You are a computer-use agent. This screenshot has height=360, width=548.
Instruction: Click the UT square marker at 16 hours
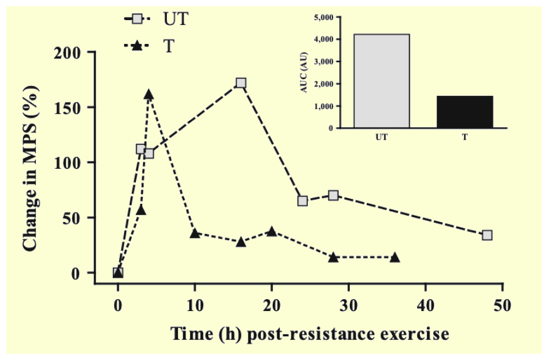tap(241, 83)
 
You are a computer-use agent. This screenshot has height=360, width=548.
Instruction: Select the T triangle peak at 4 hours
tap(149, 95)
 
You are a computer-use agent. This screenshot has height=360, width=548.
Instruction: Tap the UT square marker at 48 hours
tap(487, 235)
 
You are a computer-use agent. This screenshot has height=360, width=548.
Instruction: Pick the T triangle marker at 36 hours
tap(395, 257)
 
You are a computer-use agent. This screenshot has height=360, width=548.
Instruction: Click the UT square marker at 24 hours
tap(303, 201)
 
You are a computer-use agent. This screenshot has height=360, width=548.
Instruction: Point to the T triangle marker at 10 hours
tap(195, 233)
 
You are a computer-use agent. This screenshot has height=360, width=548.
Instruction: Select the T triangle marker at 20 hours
tap(271, 231)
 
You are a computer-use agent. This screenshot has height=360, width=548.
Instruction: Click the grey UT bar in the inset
tap(381, 81)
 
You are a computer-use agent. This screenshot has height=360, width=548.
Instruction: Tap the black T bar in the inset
tap(465, 112)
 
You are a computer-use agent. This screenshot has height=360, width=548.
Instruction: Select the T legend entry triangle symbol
tap(137, 46)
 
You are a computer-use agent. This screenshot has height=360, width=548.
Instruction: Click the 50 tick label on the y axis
tap(75, 218)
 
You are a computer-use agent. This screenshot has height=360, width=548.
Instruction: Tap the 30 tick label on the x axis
tap(349, 306)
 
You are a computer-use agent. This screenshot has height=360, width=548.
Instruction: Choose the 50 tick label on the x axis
tap(502, 306)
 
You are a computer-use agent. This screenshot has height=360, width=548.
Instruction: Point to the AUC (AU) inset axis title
tap(304, 73)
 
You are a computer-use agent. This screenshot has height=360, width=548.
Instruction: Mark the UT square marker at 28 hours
tap(334, 195)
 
